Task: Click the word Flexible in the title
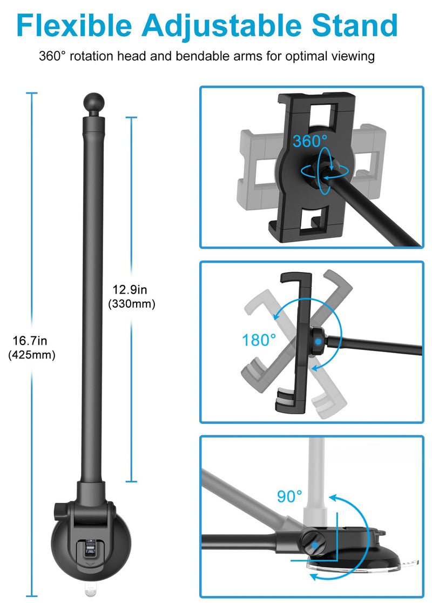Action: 74,25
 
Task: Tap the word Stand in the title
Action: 354,25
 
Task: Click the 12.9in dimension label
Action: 130,289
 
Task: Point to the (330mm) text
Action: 131,304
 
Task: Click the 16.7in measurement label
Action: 30,340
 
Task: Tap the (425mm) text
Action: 31,355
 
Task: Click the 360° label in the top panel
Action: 310,141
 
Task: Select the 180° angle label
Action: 259,340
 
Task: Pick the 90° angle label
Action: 289,496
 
